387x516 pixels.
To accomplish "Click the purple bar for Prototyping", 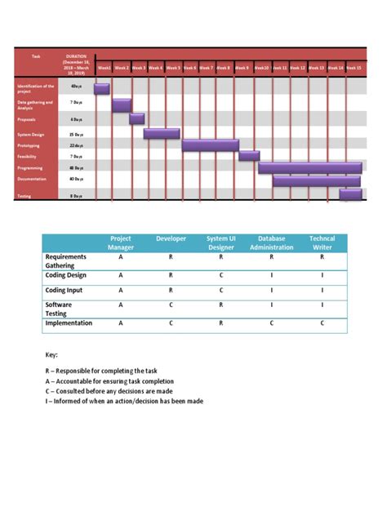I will point(210,145).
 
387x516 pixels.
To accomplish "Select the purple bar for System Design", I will point(162,133).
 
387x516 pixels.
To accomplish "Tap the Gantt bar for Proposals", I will point(136,118).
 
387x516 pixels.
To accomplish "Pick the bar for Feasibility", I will point(249,155).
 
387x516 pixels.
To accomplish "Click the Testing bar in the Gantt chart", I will point(350,193).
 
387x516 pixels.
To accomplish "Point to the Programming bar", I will point(309,167).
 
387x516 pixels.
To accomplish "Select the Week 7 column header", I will point(207,68).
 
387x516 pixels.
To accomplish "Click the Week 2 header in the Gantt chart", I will point(122,68).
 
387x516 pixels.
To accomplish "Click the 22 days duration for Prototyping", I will point(77,145).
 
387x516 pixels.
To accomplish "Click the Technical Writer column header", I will point(322,242).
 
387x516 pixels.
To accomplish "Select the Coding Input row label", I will point(64,291).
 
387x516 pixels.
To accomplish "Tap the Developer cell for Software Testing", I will point(171,305).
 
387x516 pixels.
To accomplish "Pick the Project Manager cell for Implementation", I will point(121,323).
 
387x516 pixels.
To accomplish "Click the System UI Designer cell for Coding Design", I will point(220,275).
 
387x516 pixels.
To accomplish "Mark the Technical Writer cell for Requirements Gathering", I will point(322,256).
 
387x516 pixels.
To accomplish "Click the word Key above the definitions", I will point(51,355).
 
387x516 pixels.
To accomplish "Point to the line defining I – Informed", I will point(124,401).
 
